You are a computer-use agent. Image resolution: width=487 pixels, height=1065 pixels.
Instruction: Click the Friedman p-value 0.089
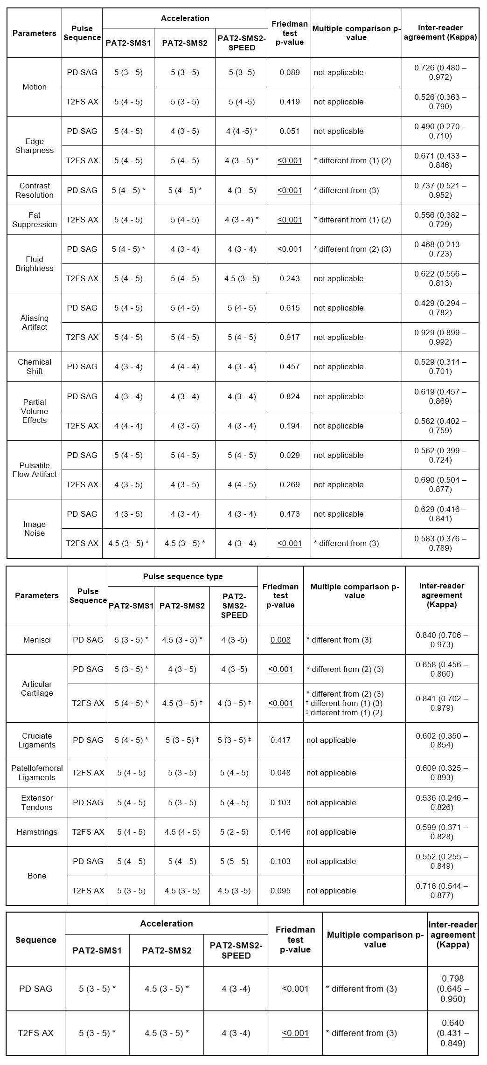[289, 72]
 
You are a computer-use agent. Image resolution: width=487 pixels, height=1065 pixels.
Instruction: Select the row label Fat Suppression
[35, 220]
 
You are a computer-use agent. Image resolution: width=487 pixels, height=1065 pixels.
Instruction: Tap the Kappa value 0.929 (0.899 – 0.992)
[440, 337]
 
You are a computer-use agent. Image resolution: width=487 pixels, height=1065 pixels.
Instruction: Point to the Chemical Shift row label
[35, 367]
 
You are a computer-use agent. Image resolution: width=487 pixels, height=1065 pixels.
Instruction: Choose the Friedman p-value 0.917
[289, 337]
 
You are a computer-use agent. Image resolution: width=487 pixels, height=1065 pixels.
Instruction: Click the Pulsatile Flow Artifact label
[35, 470]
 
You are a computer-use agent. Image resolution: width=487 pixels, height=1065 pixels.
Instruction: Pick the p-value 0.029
[289, 455]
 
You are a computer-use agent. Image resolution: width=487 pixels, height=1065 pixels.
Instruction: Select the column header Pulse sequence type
[182, 576]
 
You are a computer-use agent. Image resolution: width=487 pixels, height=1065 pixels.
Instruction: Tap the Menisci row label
[37, 640]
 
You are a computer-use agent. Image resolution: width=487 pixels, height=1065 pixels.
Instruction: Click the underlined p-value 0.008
[280, 640]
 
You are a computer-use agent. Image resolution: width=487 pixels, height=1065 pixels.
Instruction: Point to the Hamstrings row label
[37, 832]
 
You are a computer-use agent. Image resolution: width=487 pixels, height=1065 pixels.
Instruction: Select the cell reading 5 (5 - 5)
[234, 861]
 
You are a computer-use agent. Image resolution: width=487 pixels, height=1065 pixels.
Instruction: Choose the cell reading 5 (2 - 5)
[234, 832]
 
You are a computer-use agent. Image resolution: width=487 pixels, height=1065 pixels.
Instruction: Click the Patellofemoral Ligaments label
[37, 773]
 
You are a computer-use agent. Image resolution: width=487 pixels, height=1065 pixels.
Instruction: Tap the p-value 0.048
[280, 773]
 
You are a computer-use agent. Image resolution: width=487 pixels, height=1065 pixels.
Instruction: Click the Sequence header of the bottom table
[36, 940]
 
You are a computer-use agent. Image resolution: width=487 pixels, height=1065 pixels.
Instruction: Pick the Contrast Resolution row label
[35, 190]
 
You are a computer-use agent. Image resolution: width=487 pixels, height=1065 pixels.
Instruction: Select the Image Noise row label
[35, 529]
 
